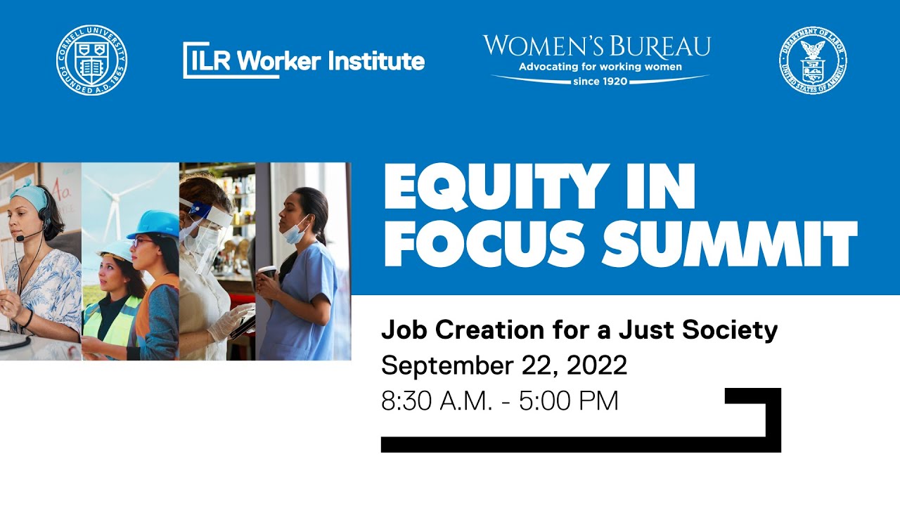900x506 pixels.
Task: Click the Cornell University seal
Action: [x=92, y=60]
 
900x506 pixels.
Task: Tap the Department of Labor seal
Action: [x=812, y=60]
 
